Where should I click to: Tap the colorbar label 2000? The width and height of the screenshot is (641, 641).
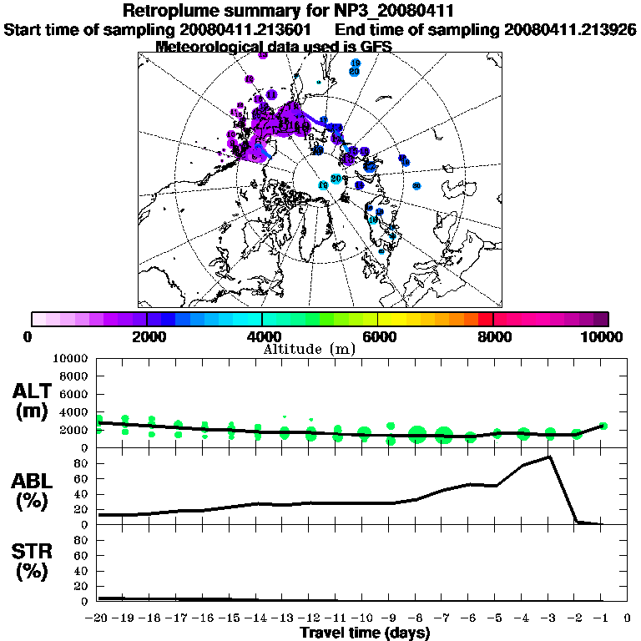[146, 336]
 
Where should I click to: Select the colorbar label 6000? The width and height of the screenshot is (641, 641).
[377, 336]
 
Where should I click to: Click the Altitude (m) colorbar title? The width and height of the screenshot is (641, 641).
[310, 349]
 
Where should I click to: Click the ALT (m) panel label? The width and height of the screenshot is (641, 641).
[34, 401]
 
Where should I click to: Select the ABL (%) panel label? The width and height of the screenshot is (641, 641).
[34, 489]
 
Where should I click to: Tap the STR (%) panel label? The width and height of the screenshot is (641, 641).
[34, 562]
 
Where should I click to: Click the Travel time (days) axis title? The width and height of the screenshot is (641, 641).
[365, 633]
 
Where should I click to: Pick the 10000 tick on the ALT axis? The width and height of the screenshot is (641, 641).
[71, 358]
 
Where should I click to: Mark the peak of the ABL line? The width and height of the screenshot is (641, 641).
[549, 457]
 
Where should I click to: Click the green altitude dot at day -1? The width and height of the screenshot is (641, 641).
[603, 426]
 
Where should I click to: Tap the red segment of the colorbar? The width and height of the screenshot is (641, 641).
[486, 319]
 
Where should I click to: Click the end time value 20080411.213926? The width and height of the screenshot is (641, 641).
[571, 30]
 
